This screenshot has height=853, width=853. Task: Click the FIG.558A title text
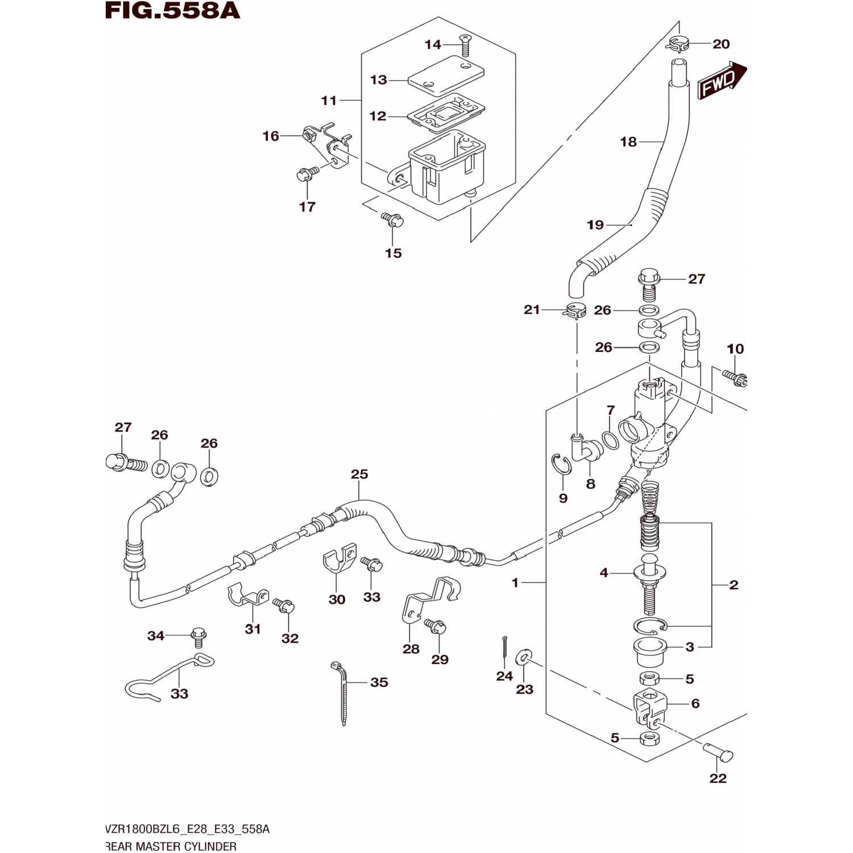coord(173,10)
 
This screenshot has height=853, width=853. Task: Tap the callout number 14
coord(433,44)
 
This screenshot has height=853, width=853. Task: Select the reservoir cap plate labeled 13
coord(446,75)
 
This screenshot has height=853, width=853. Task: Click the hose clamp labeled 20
coord(678,43)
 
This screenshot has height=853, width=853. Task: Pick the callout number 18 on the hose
coord(628,142)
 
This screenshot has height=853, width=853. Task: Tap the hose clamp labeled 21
coord(574,311)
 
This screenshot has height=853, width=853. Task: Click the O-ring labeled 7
coord(610,440)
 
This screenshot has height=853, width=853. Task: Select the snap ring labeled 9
coord(735,377)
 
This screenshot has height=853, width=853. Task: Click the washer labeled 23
coord(342,694)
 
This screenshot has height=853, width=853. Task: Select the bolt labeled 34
coord(359,474)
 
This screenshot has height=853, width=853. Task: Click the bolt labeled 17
coord(171,846)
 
